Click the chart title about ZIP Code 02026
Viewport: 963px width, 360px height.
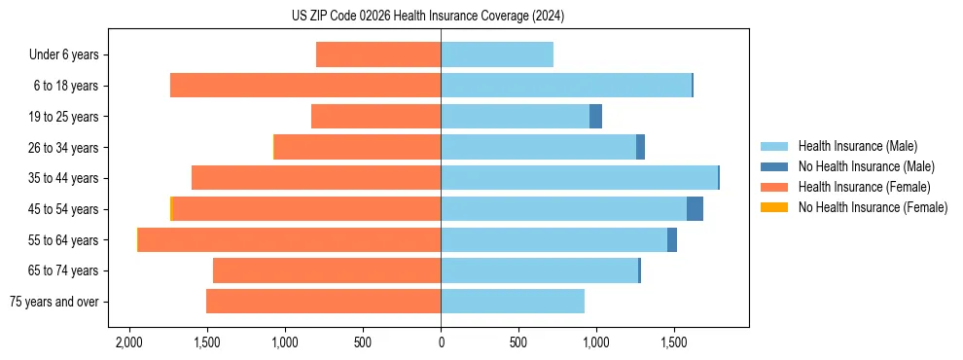click(427, 16)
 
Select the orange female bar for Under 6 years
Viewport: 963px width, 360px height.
click(378, 54)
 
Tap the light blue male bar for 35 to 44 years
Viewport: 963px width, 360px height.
click(579, 178)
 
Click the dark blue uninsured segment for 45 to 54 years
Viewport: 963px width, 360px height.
click(695, 209)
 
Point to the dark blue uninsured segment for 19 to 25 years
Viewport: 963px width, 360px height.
click(595, 117)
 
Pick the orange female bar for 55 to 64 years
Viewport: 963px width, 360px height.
click(289, 240)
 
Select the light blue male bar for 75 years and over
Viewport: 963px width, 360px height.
click(513, 302)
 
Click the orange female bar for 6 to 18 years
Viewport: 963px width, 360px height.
click(305, 86)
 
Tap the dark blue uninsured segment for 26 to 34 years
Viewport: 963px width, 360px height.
click(640, 147)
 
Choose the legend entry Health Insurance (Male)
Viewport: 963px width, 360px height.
click(857, 146)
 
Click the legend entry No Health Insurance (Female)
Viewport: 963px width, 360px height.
click(873, 207)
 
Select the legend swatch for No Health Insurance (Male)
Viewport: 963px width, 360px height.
click(774, 166)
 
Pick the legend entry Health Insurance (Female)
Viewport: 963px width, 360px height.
click(864, 187)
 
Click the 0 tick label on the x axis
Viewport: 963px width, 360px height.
click(441, 343)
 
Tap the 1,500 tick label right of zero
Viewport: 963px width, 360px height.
click(674, 343)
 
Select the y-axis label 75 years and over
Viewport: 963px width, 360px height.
click(53, 302)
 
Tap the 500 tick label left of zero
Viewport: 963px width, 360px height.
click(363, 343)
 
